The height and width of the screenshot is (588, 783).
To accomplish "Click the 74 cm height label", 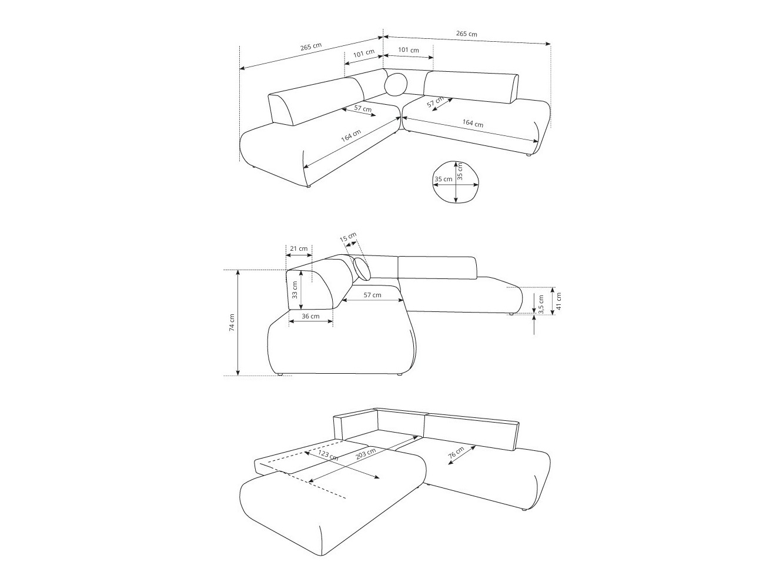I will point(232,322).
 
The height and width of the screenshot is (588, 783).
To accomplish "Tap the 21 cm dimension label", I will point(299,248).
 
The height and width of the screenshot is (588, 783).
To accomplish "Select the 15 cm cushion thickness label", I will point(349,238).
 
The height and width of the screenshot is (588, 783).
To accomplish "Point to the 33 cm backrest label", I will point(295,289).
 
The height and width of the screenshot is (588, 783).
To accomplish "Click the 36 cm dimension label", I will point(310,317).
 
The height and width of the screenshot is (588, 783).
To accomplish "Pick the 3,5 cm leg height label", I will point(541,304).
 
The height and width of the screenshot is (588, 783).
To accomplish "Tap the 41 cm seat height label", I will point(559,301).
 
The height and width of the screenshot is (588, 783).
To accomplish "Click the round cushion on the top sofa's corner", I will point(396,84).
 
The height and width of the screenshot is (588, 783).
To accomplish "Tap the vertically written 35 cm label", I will point(460,171).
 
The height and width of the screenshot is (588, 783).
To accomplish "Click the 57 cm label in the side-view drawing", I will point(372,295).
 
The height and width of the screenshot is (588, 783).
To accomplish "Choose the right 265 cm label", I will point(467,34).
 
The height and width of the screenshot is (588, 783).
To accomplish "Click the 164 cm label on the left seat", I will point(351,136).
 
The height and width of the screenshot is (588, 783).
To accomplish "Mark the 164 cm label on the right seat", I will point(473,124).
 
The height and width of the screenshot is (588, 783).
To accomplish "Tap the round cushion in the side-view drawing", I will point(363,268).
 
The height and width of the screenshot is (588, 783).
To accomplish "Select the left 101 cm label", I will point(364,53).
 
